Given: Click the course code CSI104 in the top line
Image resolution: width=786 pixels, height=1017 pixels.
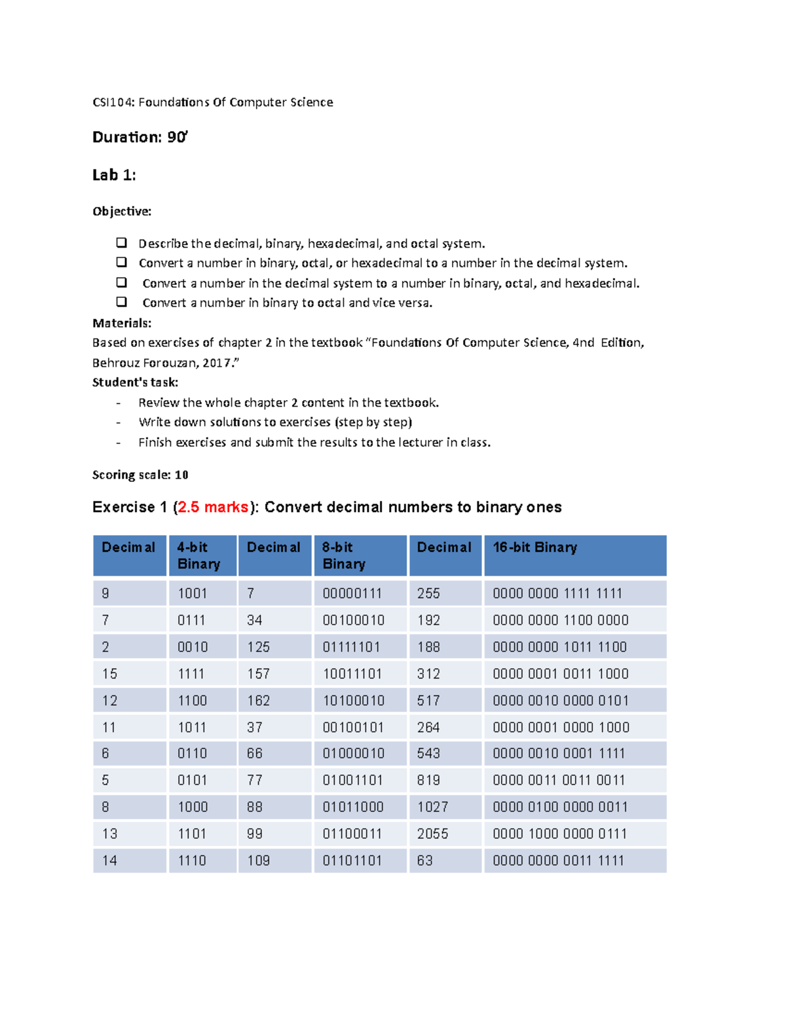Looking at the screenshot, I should pos(113,102).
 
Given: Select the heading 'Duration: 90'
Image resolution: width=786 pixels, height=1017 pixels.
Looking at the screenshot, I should pos(140,137).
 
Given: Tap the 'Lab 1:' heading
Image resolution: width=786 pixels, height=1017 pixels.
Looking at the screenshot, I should pos(114,175).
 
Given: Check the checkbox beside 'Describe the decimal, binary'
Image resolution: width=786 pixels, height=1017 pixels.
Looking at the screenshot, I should pos(121,243).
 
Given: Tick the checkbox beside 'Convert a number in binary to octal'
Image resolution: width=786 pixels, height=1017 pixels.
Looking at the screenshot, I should pos(121,302).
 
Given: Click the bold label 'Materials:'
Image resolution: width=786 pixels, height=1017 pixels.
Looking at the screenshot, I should pos(122,323).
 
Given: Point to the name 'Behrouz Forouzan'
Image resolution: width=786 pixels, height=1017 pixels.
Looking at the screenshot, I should pos(137,363).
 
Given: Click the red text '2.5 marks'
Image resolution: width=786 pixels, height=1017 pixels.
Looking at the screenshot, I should pos(213,508).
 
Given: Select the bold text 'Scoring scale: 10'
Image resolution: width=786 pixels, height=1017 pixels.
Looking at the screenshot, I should pos(140,475).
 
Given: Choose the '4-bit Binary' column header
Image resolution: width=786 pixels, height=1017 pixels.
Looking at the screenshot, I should pos(198,555).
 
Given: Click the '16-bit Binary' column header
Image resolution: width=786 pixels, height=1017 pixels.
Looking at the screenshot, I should pos(534,547).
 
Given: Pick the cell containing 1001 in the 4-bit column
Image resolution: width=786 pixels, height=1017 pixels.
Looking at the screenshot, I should pos(192,593).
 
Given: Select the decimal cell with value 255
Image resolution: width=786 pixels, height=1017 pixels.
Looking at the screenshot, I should pos(428,593).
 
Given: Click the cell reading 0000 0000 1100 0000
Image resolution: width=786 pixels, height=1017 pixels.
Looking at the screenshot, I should pos(560,620).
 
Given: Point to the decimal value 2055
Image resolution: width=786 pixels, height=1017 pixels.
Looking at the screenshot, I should pos(432,834).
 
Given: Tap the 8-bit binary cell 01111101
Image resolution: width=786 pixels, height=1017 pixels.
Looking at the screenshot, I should pos(351,647).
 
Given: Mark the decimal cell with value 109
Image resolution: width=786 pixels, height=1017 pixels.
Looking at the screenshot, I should pos(258,860).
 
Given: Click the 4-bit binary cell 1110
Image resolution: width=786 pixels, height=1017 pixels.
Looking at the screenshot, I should pos(192,860).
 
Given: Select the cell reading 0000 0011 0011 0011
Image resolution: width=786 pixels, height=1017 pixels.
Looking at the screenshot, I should pos(559,781).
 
